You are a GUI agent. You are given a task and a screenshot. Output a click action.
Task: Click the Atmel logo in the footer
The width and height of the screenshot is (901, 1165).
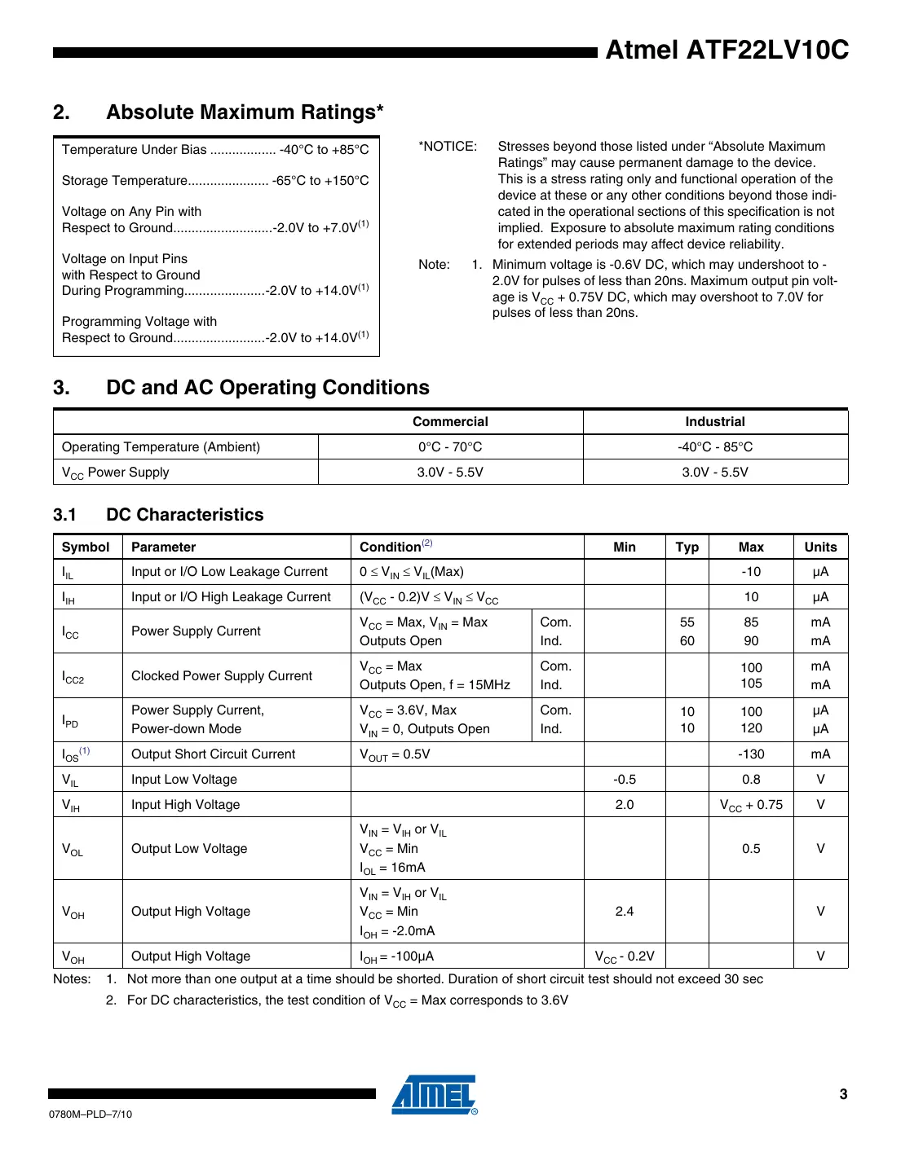(x=435, y=1095)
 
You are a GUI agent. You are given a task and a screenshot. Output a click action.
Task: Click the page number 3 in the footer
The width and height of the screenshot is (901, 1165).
(x=843, y=1094)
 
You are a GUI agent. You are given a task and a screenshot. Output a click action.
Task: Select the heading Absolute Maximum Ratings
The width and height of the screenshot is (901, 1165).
(x=245, y=112)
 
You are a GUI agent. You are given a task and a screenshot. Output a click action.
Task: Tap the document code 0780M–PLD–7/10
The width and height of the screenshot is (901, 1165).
(x=91, y=1114)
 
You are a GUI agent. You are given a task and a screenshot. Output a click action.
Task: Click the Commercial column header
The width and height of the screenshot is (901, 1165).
(x=450, y=422)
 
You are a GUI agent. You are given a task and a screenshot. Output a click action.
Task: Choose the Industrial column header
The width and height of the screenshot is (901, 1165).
(x=715, y=422)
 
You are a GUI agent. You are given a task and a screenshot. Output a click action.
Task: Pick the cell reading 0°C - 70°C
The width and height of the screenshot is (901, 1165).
(x=450, y=447)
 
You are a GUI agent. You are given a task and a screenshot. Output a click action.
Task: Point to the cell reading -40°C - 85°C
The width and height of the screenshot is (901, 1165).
(x=715, y=447)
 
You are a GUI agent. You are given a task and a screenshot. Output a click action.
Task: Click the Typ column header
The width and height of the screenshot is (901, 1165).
(x=687, y=547)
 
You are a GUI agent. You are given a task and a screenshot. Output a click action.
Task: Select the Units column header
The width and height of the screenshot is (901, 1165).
(x=820, y=547)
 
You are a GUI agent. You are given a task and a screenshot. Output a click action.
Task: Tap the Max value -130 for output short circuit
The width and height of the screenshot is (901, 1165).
(x=751, y=754)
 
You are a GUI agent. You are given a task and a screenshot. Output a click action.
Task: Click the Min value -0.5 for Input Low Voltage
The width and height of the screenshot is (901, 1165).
(x=625, y=780)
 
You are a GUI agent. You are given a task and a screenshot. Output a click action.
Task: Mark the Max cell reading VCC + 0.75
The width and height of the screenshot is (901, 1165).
(x=751, y=805)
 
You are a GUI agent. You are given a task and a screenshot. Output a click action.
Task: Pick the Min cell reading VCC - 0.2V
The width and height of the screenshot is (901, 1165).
(x=625, y=956)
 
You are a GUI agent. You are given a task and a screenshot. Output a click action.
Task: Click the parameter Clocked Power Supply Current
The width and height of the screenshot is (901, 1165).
(x=222, y=676)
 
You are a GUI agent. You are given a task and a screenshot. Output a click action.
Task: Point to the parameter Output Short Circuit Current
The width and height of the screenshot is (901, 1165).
(x=214, y=754)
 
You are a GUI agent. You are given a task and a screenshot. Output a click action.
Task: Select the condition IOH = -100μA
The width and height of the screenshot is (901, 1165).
(x=397, y=956)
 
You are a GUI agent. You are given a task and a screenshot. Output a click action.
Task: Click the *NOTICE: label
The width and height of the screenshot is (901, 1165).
(x=448, y=147)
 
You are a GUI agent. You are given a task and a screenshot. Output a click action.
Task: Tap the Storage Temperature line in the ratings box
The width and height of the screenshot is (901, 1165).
(x=215, y=181)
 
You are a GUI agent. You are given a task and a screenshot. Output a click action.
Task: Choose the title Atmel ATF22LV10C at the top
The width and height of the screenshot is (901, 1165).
(x=727, y=51)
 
